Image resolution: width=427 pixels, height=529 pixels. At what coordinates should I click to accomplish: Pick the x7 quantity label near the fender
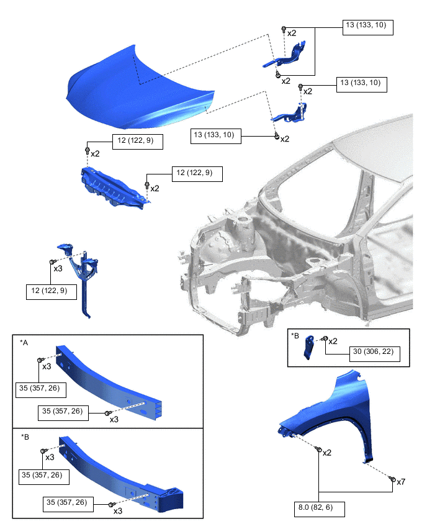(x=401, y=482)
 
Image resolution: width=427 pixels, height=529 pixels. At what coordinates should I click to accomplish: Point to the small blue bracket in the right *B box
(x=309, y=348)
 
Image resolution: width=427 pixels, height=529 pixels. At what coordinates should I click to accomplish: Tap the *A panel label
(x=24, y=343)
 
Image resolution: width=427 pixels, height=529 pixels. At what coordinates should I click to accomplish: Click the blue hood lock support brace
(x=81, y=277)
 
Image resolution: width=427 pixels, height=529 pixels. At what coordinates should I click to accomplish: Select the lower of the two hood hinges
(x=290, y=114)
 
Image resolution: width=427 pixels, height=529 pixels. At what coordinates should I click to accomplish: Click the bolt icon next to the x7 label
(x=392, y=479)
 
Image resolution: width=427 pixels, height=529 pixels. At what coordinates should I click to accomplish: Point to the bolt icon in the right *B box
(x=324, y=338)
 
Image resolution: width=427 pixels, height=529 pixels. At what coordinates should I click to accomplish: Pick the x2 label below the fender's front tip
(x=327, y=453)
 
